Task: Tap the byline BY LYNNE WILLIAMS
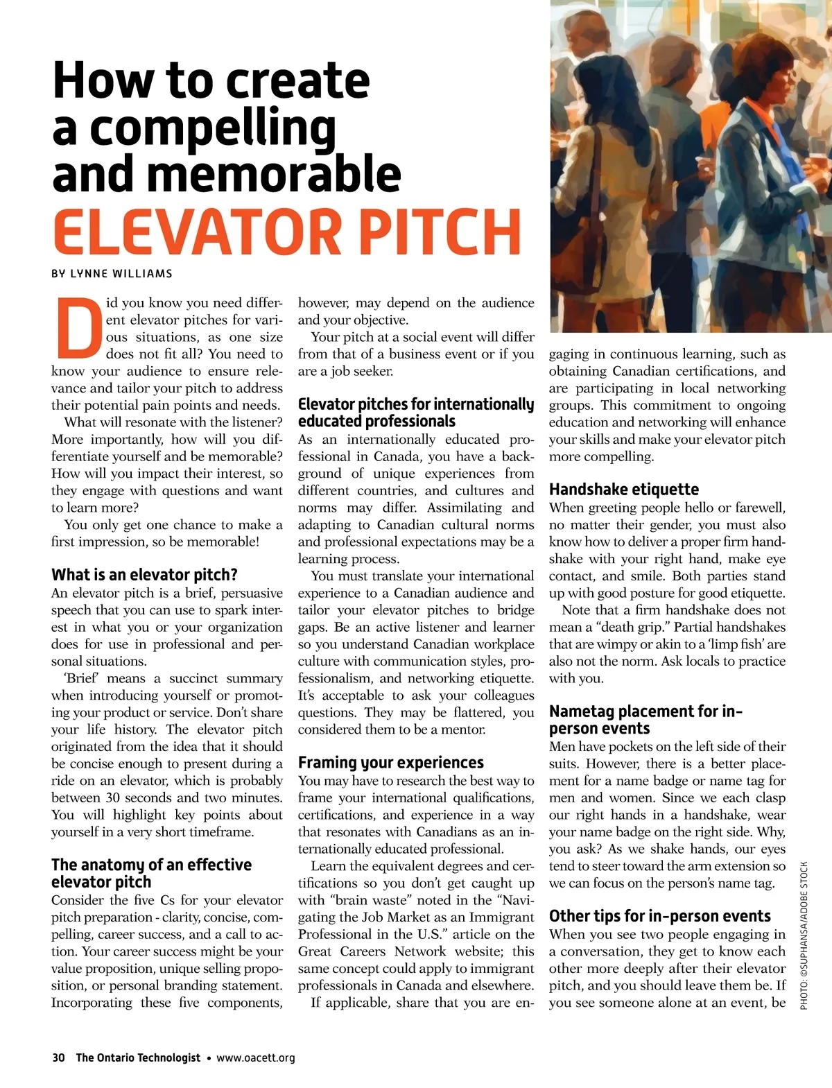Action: click(x=112, y=274)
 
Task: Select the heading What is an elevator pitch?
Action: click(x=144, y=575)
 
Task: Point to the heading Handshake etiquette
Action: click(x=624, y=490)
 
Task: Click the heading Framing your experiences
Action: click(x=391, y=763)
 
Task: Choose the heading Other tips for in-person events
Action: click(x=660, y=916)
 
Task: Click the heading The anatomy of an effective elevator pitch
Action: click(x=151, y=873)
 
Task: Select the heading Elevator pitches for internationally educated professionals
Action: click(x=416, y=413)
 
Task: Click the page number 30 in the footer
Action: click(x=58, y=1057)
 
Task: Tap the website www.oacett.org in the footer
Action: click(x=256, y=1057)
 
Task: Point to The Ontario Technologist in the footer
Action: click(x=138, y=1057)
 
